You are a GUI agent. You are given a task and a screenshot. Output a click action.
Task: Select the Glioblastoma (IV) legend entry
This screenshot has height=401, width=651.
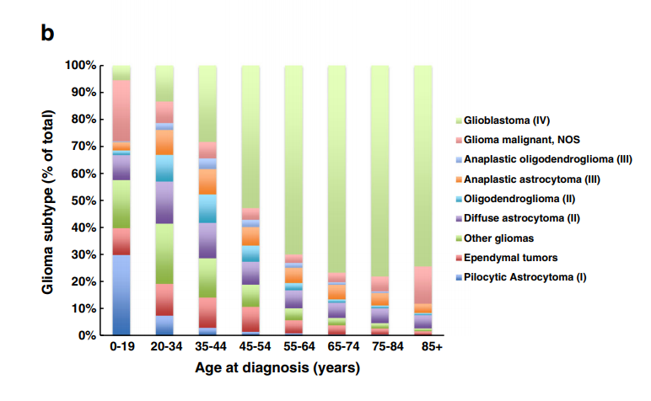pyautogui.click(x=513, y=120)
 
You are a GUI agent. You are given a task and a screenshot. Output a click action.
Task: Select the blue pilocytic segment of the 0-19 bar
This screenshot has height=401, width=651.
pyautogui.click(x=121, y=295)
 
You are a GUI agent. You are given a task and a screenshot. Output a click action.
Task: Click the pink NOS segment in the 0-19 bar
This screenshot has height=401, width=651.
pyautogui.click(x=121, y=110)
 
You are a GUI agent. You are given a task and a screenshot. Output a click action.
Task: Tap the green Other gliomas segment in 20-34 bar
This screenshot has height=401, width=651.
pyautogui.click(x=164, y=254)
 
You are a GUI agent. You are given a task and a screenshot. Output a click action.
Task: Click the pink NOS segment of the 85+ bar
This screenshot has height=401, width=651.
pyautogui.click(x=423, y=285)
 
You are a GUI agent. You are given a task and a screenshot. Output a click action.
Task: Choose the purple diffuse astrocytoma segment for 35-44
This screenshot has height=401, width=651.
pyautogui.click(x=207, y=240)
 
